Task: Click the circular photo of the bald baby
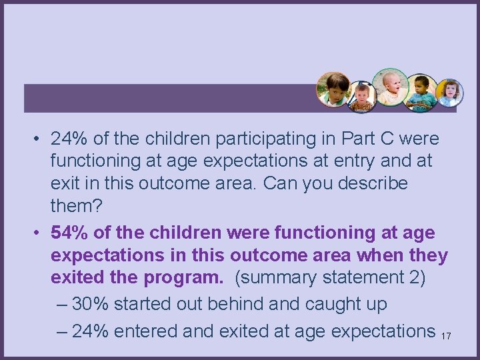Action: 391,86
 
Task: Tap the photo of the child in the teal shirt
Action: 421,92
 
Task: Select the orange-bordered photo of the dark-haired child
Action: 333,89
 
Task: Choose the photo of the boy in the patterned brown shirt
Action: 363,97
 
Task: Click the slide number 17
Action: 446,336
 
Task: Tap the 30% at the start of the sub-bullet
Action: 91,304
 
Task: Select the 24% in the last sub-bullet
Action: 91,331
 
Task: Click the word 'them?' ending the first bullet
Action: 77,206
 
